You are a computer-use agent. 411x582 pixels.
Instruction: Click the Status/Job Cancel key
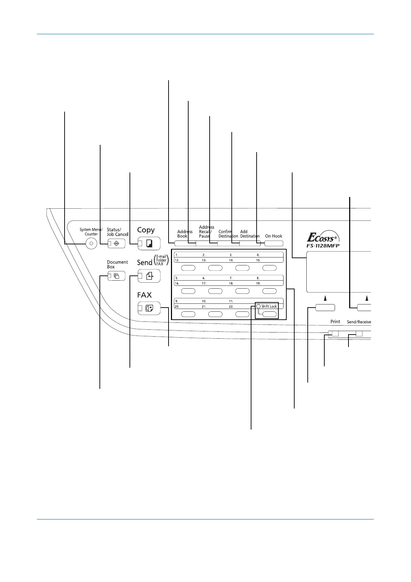pyautogui.click(x=116, y=244)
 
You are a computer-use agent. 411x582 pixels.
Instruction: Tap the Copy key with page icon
pyautogui.click(x=149, y=244)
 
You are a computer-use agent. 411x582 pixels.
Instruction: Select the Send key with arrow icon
pyautogui.click(x=149, y=276)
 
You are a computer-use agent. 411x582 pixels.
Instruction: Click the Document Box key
pyautogui.click(x=116, y=276)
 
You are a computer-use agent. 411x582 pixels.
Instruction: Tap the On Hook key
pyautogui.click(x=274, y=243)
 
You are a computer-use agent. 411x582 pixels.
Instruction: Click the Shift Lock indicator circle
pyautogui.click(x=258, y=306)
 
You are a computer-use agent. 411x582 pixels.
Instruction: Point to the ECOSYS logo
pyautogui.click(x=323, y=237)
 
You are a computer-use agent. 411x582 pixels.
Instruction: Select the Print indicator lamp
pyautogui.click(x=334, y=334)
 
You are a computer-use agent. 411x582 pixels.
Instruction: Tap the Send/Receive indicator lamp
pyautogui.click(x=359, y=334)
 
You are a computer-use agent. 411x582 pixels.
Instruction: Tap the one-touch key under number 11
pyautogui.click(x=242, y=314)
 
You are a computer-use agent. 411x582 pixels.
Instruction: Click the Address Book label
pyautogui.click(x=184, y=234)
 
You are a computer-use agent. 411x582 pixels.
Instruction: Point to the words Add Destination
pyautogui.click(x=249, y=234)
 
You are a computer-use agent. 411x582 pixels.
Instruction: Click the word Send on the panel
pyautogui.click(x=145, y=263)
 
